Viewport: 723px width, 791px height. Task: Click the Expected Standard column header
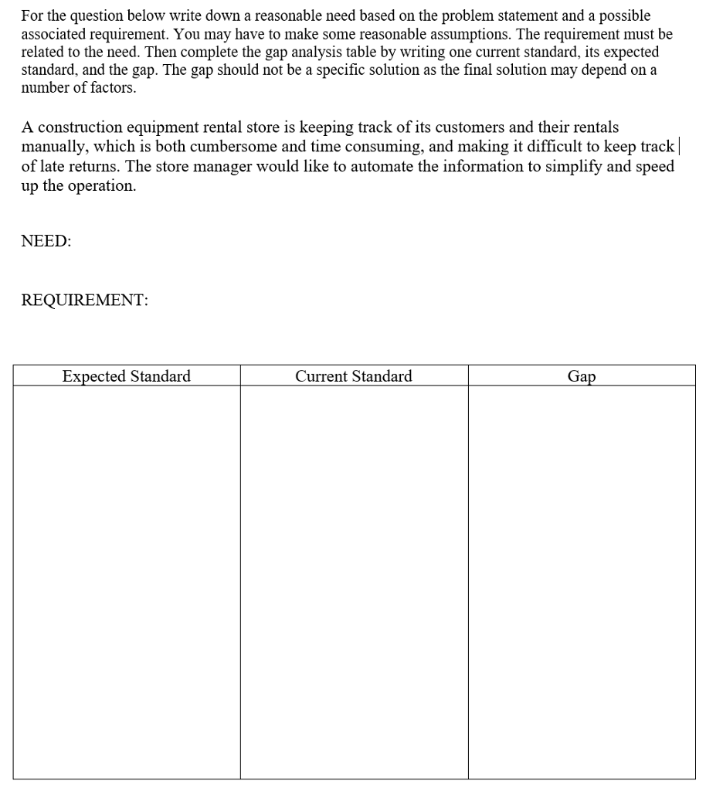(x=126, y=376)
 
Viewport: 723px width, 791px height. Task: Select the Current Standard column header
(x=354, y=376)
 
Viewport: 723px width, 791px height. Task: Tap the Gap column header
(x=582, y=377)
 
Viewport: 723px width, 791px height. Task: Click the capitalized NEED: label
(x=46, y=241)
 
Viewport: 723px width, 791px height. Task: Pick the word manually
(x=55, y=147)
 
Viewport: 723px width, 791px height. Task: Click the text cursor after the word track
(x=677, y=146)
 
